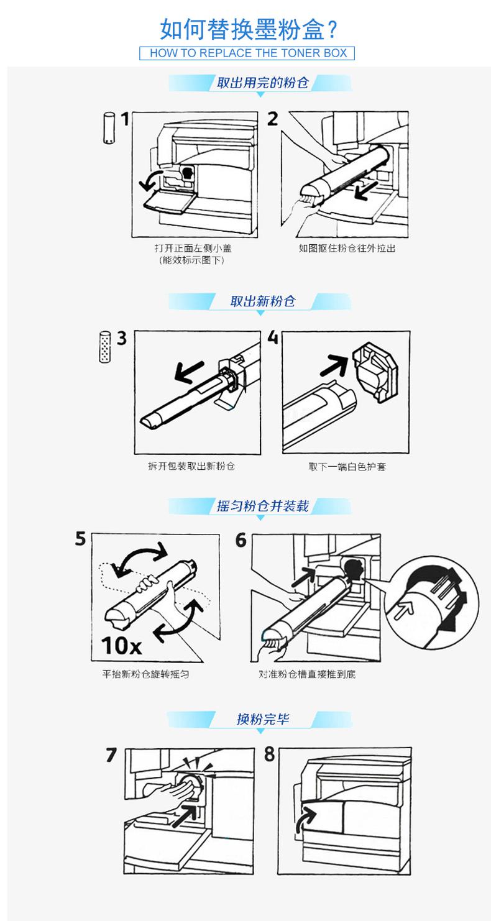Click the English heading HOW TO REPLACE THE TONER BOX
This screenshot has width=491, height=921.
[x=247, y=53]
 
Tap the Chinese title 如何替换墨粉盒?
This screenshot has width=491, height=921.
[x=249, y=30]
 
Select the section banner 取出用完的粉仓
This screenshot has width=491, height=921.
[x=262, y=83]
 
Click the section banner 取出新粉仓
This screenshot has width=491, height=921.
[x=262, y=301]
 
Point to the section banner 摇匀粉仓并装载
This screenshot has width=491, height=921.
[x=262, y=506]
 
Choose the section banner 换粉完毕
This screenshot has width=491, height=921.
[x=262, y=718]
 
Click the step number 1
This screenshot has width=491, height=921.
[x=125, y=119]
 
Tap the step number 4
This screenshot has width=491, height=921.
[x=273, y=337]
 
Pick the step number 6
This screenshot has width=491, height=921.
[x=241, y=540]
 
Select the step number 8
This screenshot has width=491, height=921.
[x=269, y=754]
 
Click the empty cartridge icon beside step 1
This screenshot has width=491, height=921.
[x=109, y=127]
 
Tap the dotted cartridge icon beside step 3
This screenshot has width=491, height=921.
[x=105, y=347]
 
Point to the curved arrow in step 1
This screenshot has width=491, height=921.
[x=149, y=179]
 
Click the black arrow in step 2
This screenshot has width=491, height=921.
[x=365, y=190]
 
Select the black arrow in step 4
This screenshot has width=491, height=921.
[x=334, y=365]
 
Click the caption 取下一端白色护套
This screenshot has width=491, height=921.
[x=347, y=467]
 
